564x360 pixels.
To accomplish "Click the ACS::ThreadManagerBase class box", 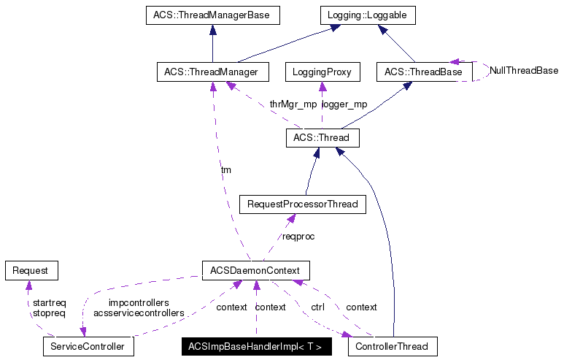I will click(212, 15).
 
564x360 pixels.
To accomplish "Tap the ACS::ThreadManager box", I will click(212, 72).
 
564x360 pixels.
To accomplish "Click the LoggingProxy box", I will click(322, 72).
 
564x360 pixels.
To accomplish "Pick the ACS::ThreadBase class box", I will click(423, 72).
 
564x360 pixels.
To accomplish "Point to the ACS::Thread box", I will click(322, 137).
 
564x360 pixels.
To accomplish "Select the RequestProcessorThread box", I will click(302, 204).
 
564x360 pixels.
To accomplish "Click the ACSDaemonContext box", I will click(255, 270).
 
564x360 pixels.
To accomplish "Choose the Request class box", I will click(31, 270).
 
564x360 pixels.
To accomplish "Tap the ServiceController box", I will click(88, 345).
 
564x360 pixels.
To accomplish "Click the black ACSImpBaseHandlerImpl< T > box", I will click(256, 346).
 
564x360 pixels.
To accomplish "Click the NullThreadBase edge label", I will click(523, 71).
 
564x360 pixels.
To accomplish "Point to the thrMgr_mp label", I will click(293, 104).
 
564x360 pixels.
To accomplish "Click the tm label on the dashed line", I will click(226, 169).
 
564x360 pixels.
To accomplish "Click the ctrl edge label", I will click(317, 307).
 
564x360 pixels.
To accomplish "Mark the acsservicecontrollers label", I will click(139, 313).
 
